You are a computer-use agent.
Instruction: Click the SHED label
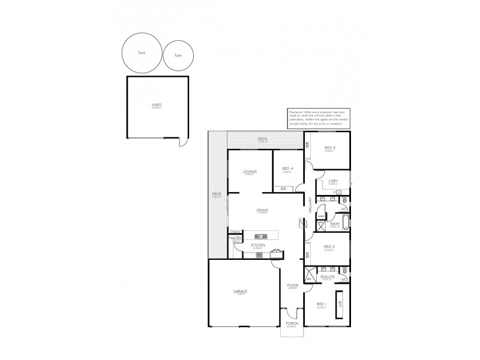[x=157, y=105]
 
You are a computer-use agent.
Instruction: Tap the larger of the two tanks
[x=141, y=53]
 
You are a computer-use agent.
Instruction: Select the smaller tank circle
[x=178, y=55]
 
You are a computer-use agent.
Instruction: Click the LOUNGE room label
[x=250, y=172]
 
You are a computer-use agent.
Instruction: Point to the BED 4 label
[x=287, y=169]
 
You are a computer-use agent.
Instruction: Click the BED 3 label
[x=329, y=148]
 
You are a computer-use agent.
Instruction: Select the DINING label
[x=262, y=210]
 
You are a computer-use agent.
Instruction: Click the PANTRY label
[x=235, y=238]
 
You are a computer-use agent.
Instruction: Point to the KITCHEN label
[x=259, y=245]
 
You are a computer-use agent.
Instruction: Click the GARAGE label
[x=241, y=292]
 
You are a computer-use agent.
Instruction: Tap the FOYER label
[x=292, y=286]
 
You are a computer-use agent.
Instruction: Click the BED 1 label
[x=321, y=305]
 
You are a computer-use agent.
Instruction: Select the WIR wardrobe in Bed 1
[x=340, y=304]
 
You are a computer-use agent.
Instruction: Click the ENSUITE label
[x=328, y=277]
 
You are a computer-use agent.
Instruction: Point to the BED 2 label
[x=329, y=247]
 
